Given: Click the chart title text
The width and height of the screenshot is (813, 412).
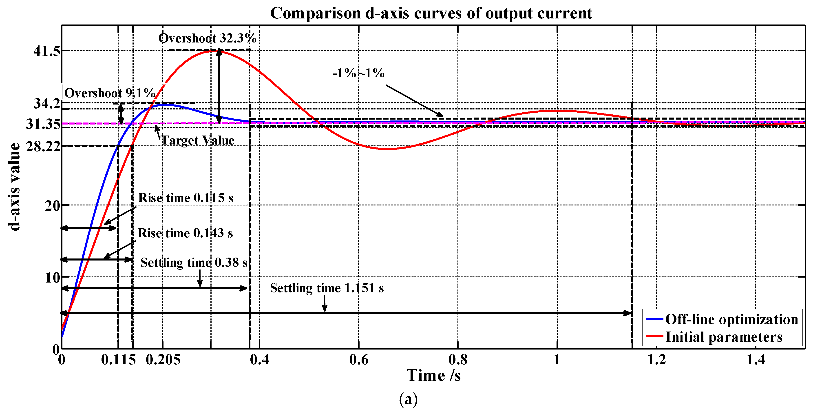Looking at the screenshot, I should coord(431,13).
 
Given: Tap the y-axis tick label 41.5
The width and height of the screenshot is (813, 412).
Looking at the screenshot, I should coord(46,51).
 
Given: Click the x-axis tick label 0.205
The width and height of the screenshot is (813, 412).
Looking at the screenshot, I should coord(163,360).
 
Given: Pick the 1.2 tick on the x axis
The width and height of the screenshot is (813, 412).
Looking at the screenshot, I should coord(656,360).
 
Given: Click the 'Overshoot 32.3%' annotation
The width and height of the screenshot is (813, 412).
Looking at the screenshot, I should coord(207,38).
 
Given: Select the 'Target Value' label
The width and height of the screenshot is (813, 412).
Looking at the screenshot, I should coord(198,140).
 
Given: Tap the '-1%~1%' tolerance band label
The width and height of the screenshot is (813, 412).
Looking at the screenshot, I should coord(358,73).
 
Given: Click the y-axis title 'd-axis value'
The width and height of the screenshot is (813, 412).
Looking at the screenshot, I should coord(14,186).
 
